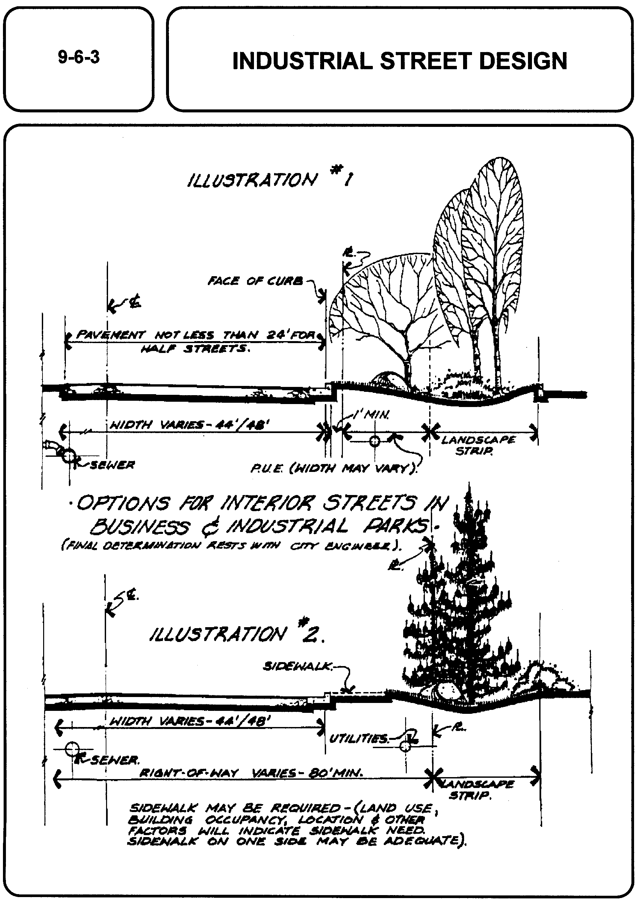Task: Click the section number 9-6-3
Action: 79,57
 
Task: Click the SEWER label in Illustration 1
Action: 113,465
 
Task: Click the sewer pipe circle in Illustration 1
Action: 69,457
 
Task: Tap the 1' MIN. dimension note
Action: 372,415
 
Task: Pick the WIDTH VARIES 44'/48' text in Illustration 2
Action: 190,721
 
